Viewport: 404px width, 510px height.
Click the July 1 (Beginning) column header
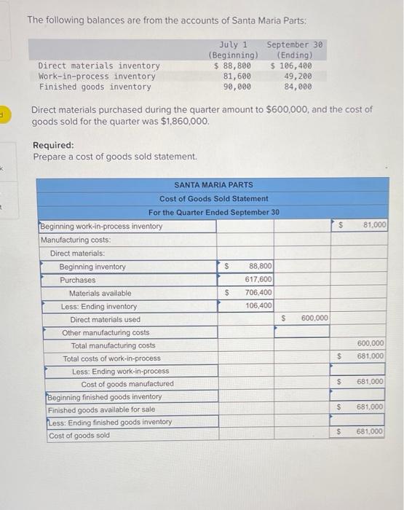coord(233,50)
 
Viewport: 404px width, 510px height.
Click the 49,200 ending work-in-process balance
coord(298,76)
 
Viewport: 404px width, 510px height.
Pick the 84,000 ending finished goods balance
coord(298,87)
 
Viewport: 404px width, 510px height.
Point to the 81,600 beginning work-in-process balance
coord(238,76)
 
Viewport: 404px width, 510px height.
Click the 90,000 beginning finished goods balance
coord(238,87)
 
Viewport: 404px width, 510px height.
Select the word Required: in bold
coord(53,145)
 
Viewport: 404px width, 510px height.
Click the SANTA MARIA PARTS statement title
coord(214,185)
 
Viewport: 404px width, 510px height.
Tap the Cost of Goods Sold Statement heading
coord(214,198)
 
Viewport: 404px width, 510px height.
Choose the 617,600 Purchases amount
coord(259,280)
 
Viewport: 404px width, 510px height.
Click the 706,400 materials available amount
coord(259,293)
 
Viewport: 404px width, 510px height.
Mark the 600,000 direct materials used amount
coord(314,318)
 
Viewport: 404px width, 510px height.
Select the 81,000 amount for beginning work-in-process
coord(374,227)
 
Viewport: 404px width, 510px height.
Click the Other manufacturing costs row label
coord(106,332)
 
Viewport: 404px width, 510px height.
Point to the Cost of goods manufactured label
coord(127,384)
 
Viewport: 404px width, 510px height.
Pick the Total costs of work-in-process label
coord(111,358)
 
